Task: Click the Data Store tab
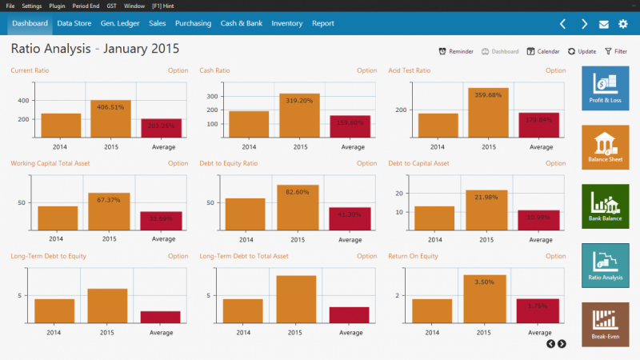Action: (74, 23)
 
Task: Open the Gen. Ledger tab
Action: (120, 23)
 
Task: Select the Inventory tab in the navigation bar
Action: (287, 23)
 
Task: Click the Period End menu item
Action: (85, 6)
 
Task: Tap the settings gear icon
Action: (623, 24)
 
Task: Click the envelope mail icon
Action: (604, 24)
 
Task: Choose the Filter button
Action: (615, 51)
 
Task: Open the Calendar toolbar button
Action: (543, 51)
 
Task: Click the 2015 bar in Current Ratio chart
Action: (110, 119)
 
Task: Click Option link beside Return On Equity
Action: (555, 256)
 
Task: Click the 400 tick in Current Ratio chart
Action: (22, 101)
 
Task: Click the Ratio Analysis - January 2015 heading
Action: (94, 50)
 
